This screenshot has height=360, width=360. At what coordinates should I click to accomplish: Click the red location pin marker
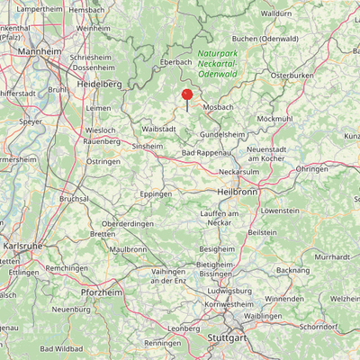point(187,94)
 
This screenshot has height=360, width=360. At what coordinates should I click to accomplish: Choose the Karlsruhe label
point(21,244)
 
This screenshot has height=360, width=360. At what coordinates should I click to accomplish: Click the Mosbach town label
point(218,107)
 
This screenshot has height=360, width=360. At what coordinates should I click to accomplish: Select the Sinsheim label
point(148,145)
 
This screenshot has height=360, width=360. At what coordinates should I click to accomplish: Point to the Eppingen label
point(157,193)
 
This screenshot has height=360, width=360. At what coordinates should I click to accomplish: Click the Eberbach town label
point(176,61)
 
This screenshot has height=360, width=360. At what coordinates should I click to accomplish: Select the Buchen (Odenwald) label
point(265,39)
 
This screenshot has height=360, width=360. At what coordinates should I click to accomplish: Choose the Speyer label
point(31,121)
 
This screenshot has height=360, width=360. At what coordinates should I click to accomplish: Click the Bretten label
point(103,234)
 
